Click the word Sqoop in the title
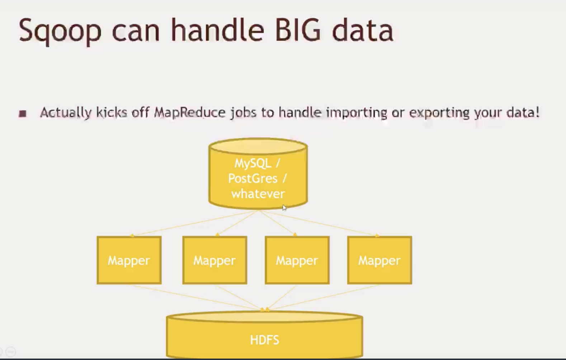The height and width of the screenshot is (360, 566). (x=60, y=32)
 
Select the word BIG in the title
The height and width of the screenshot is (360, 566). (x=298, y=30)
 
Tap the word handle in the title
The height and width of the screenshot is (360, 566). (x=218, y=29)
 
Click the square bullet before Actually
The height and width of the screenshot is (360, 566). (x=23, y=113)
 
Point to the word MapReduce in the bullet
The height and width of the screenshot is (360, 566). (x=190, y=113)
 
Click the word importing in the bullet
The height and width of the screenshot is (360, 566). (x=357, y=113)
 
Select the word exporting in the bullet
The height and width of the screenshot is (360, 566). (x=439, y=113)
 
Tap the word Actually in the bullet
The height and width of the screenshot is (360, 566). (x=66, y=113)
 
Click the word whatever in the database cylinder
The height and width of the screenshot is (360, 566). (x=258, y=194)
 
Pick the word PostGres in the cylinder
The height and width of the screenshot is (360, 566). (x=253, y=179)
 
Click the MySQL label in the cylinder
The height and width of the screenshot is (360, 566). (x=253, y=164)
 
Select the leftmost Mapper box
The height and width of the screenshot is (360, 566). (x=129, y=260)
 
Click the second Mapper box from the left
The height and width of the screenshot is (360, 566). (x=215, y=260)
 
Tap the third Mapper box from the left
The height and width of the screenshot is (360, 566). (x=297, y=260)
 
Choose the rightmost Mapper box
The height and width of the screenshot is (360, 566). (x=379, y=260)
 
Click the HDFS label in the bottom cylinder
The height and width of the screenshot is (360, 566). (x=265, y=340)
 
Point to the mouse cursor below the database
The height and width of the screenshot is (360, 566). (x=284, y=208)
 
